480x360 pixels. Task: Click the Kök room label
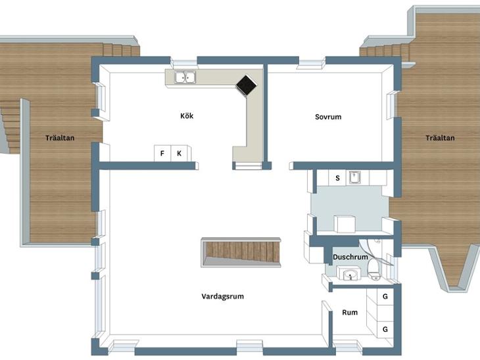click(x=187, y=116)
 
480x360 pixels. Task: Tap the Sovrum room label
click(x=328, y=117)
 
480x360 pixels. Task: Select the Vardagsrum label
click(x=222, y=296)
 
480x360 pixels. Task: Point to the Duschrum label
click(x=350, y=257)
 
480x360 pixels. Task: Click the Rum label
click(x=350, y=313)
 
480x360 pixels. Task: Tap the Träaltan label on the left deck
click(x=60, y=138)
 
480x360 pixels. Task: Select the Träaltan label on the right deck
click(x=440, y=138)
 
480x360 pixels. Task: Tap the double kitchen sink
click(x=185, y=77)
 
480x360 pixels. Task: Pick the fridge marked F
click(x=162, y=153)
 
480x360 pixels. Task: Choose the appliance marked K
click(x=180, y=153)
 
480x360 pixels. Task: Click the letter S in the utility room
click(x=338, y=178)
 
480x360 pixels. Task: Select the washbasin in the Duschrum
click(x=349, y=273)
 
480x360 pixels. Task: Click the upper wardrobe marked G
click(x=385, y=296)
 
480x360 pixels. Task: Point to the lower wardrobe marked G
click(x=385, y=329)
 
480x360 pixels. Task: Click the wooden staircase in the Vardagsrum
click(x=241, y=252)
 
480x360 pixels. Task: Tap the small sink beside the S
click(x=354, y=177)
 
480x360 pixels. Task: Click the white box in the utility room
click(x=345, y=224)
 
